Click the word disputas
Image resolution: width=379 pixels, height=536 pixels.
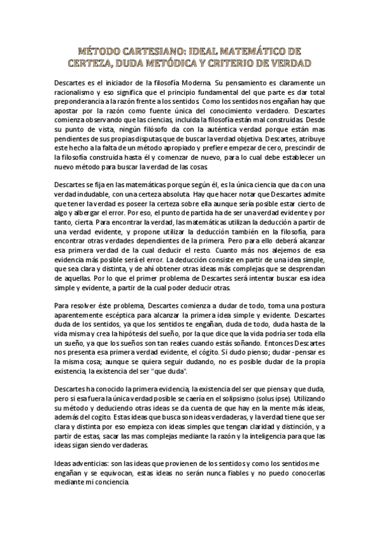click(170, 137)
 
